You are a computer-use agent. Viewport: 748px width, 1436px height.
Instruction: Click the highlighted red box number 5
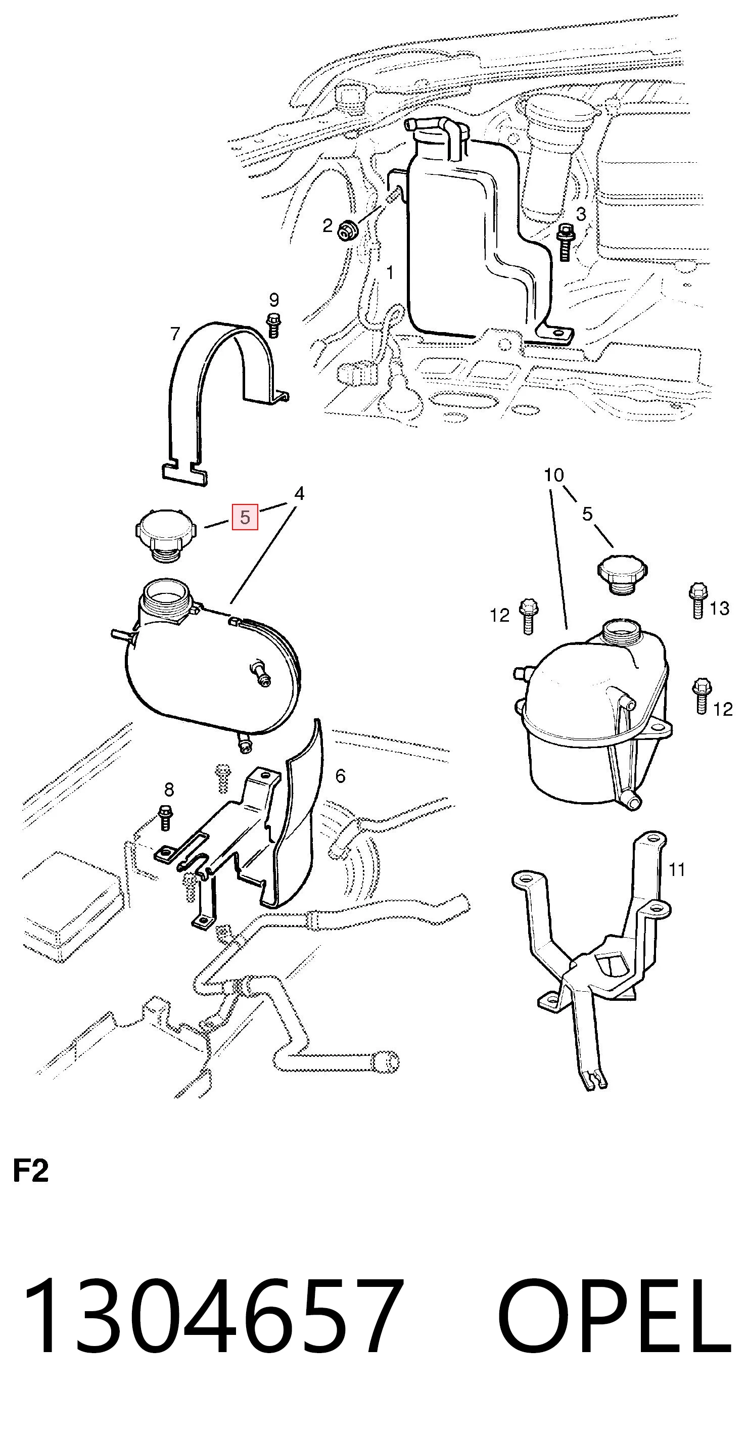click(x=245, y=517)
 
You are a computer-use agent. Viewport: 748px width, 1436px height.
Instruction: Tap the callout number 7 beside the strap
click(x=175, y=334)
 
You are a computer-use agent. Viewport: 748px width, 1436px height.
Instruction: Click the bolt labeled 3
click(x=565, y=242)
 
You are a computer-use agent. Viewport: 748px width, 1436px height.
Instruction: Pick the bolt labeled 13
click(x=697, y=600)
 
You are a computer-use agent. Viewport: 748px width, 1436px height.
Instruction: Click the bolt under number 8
click(x=166, y=817)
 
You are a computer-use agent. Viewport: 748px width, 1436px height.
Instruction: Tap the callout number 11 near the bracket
click(x=677, y=869)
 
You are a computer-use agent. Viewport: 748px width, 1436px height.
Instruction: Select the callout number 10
click(x=554, y=475)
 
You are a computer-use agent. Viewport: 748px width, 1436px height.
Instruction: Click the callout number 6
click(x=340, y=775)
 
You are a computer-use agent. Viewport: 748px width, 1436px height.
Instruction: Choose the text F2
click(x=31, y=1171)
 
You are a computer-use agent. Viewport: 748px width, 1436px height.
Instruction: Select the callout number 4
click(x=299, y=493)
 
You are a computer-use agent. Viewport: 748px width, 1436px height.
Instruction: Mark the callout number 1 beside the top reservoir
click(x=390, y=272)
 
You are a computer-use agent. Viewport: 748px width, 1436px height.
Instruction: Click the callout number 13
click(x=719, y=608)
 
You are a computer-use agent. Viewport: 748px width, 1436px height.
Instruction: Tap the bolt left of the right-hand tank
click(x=527, y=616)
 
